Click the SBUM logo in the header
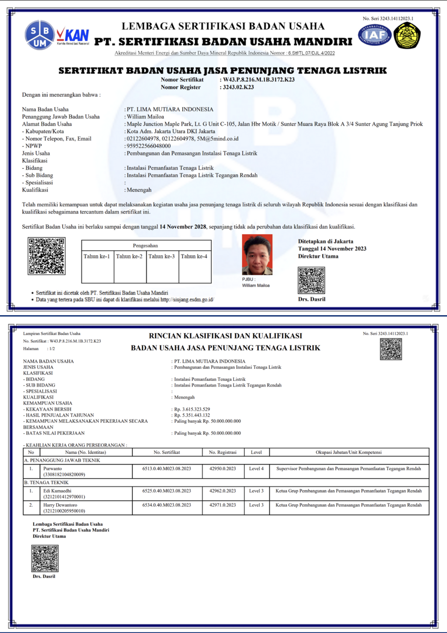(x=40, y=35)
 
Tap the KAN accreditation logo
(x=73, y=36)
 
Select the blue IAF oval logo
(x=375, y=35)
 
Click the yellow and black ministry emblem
(x=407, y=35)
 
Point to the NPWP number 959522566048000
(x=148, y=146)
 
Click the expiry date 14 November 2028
(x=182, y=227)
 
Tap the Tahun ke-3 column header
(x=162, y=257)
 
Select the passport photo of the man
(x=257, y=254)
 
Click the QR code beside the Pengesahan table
(x=47, y=256)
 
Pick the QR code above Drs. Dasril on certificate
(x=311, y=280)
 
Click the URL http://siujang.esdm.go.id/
(x=187, y=300)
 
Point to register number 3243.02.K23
(x=238, y=87)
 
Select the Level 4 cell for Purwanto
(x=256, y=469)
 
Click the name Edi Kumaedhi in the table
(x=57, y=491)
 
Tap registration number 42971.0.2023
(x=223, y=505)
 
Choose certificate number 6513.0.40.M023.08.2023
(x=167, y=469)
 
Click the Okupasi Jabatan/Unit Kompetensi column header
(x=348, y=452)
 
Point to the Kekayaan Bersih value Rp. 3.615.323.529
(x=192, y=410)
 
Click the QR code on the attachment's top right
(x=391, y=349)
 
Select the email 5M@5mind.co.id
(x=218, y=139)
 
